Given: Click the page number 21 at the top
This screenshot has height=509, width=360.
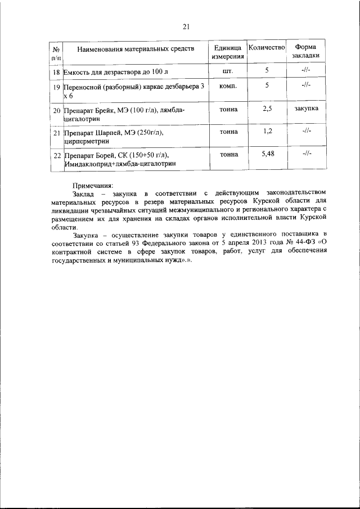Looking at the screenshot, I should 187,25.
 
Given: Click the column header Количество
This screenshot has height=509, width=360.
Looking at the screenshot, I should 267,48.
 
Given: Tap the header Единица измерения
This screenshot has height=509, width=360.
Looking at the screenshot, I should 228,52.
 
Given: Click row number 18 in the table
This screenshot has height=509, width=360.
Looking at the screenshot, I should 56,73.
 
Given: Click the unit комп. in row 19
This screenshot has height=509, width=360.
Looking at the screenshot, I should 228,86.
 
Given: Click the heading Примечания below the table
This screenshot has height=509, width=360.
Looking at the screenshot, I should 93,185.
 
